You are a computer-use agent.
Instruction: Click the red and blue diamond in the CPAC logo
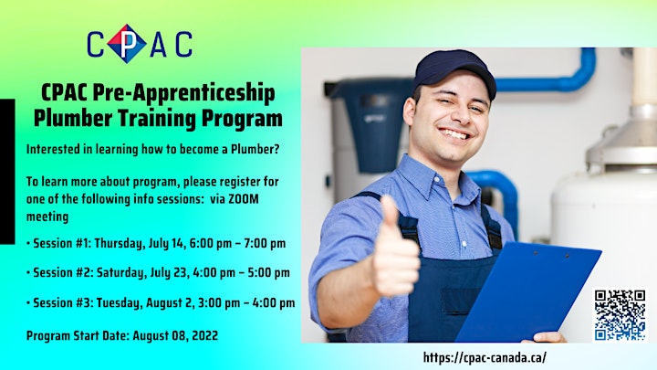[127, 44]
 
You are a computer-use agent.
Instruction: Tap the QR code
[620, 314]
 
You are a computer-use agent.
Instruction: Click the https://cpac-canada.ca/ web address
[485, 358]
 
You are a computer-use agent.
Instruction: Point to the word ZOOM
[243, 199]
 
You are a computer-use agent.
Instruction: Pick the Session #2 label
[62, 272]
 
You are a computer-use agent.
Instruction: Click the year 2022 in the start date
[205, 335]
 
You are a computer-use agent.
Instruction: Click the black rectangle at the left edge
[7, 171]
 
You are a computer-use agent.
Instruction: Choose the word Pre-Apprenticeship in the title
[184, 93]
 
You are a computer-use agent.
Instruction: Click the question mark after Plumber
[276, 149]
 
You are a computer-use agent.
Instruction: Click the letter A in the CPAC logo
[159, 45]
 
